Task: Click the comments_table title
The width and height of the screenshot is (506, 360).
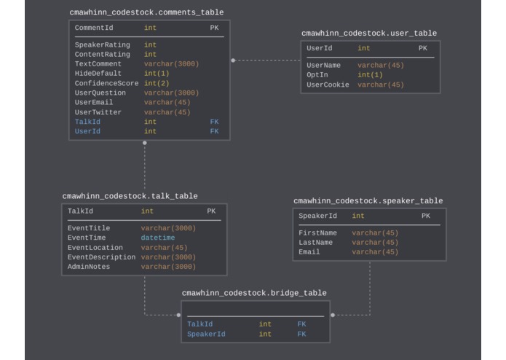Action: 146,12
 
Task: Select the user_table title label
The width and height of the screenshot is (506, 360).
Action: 369,34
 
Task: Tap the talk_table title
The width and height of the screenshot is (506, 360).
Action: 130,196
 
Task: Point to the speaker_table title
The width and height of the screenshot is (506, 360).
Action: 368,201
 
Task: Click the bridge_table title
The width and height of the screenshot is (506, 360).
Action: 254,293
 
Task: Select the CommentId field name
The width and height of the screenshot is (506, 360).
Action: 94,28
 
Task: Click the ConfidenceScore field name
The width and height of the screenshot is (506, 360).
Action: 106,84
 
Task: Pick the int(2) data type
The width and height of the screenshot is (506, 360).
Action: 157,84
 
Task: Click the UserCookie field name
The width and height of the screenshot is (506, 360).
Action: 328,85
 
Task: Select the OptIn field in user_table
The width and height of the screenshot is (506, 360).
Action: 317,75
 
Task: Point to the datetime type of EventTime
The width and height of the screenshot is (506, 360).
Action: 158,238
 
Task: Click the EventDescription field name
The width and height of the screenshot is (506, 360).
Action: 101,257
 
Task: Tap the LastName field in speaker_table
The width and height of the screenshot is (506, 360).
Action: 315,243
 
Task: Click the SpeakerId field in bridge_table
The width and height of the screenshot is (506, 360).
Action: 206,334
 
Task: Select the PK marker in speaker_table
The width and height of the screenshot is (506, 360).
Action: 425,216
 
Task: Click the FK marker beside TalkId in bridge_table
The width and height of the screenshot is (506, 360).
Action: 301,324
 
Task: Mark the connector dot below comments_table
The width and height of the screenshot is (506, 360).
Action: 145,143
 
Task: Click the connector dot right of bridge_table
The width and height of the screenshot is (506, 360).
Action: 333,315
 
